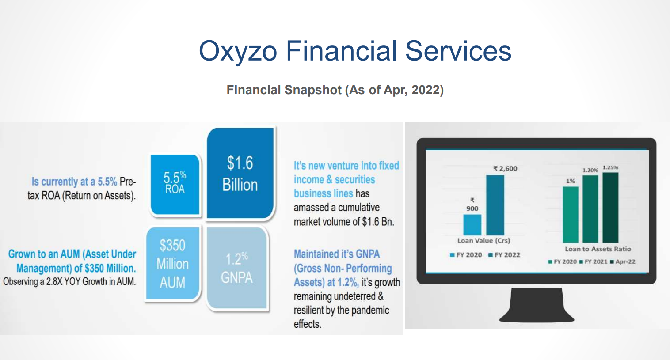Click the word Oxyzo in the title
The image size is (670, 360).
point(238,51)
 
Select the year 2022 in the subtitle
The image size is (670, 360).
point(426,90)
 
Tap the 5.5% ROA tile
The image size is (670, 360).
point(175,184)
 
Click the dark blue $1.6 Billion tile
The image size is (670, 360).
point(240,174)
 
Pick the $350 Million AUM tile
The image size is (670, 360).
point(173,263)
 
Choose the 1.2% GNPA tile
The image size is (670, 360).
point(237,268)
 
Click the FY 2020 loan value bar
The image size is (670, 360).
point(472,224)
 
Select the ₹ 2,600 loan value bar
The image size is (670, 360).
point(495,205)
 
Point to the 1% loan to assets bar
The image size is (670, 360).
point(571,215)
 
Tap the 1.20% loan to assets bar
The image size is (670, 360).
point(590,209)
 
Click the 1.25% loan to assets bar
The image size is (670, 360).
point(610,208)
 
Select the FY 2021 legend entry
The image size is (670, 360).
point(593,262)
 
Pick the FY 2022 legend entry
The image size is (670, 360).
point(504,255)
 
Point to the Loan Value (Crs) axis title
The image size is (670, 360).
point(483,241)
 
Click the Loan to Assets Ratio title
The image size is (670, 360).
point(598,249)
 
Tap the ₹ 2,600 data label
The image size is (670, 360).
point(506,169)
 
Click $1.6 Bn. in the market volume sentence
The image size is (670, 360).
point(378,222)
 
